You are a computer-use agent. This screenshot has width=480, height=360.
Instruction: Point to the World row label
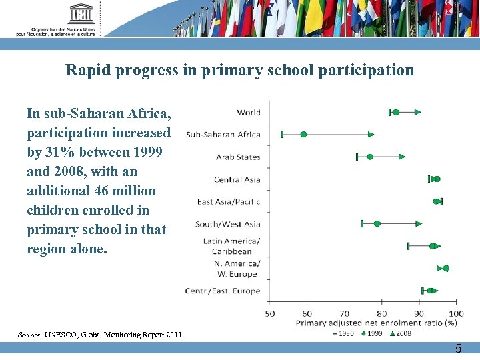(x=248, y=112)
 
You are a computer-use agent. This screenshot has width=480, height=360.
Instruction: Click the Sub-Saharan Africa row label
(x=223, y=135)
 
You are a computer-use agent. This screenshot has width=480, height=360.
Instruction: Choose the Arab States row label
(x=237, y=157)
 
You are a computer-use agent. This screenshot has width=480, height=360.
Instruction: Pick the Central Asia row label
(x=237, y=179)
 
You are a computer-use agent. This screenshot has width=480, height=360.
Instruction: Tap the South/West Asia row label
(x=227, y=224)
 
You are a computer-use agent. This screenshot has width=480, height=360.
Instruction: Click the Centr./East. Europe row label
(x=223, y=291)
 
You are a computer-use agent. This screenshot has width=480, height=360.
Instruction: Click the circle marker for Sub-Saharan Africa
(x=303, y=135)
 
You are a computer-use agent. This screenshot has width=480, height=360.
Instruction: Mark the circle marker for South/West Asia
(x=377, y=224)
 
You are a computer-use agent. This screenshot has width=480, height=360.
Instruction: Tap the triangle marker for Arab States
(x=402, y=157)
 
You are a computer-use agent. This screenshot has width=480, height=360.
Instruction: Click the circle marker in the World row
(x=395, y=112)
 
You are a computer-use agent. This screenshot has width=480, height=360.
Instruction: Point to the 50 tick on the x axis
(x=270, y=313)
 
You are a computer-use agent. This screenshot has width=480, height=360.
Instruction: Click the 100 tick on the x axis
(x=456, y=313)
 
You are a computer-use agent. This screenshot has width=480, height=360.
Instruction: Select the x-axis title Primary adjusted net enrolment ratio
(x=376, y=323)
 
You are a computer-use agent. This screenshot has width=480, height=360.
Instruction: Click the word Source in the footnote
(x=29, y=335)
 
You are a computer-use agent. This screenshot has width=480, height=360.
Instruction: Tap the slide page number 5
(x=458, y=349)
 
